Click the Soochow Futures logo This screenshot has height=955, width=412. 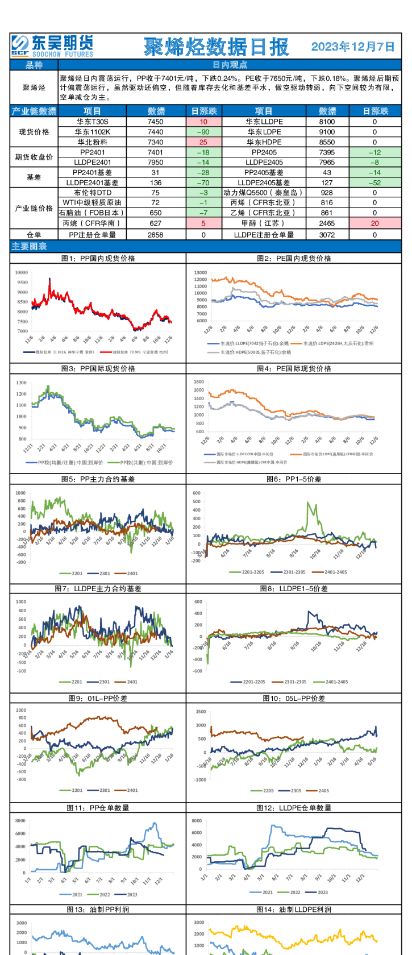point(52,45)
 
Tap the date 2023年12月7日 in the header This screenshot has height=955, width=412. point(353,47)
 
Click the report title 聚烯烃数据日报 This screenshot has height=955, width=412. point(216,47)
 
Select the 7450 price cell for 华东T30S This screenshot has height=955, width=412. point(155,122)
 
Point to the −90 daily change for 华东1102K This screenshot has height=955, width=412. point(203,132)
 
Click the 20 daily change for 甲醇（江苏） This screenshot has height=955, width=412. point(374,223)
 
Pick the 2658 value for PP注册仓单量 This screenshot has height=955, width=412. point(155,235)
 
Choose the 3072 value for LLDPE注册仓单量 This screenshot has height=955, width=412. point(327,235)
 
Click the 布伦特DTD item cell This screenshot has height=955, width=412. point(93,193)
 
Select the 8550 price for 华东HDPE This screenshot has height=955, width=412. point(327,142)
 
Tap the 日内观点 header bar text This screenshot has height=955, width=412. point(230,65)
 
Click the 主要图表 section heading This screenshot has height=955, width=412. point(29,247)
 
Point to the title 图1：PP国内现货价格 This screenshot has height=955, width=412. point(98,258)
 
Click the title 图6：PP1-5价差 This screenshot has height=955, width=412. point(294,479)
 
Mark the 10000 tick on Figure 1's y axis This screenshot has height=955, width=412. point(22,273)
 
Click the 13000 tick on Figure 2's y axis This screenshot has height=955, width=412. point(200,273)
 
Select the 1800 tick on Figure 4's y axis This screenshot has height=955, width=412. point(199,382)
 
